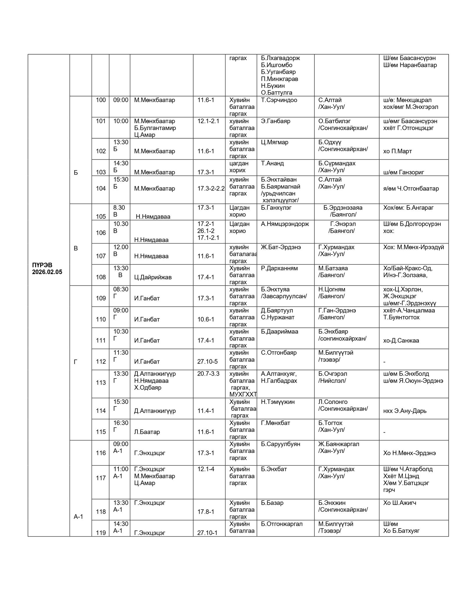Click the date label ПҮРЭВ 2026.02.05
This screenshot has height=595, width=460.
47,269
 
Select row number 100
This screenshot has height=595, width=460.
101,100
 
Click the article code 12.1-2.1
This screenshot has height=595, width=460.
208,121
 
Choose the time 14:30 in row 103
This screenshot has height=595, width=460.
121,163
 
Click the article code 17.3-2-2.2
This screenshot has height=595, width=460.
211,189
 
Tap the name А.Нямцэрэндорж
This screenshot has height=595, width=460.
285,224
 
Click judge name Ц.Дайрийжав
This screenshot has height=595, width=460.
153,277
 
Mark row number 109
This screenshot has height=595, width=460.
101,298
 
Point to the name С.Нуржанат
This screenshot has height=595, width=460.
278,317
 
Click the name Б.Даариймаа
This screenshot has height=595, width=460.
280,331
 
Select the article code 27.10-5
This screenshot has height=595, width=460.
207,361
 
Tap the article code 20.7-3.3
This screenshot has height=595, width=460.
208,374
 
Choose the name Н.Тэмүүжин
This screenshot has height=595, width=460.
278,402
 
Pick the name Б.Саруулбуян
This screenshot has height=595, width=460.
280,444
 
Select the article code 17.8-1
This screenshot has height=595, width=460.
206,512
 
